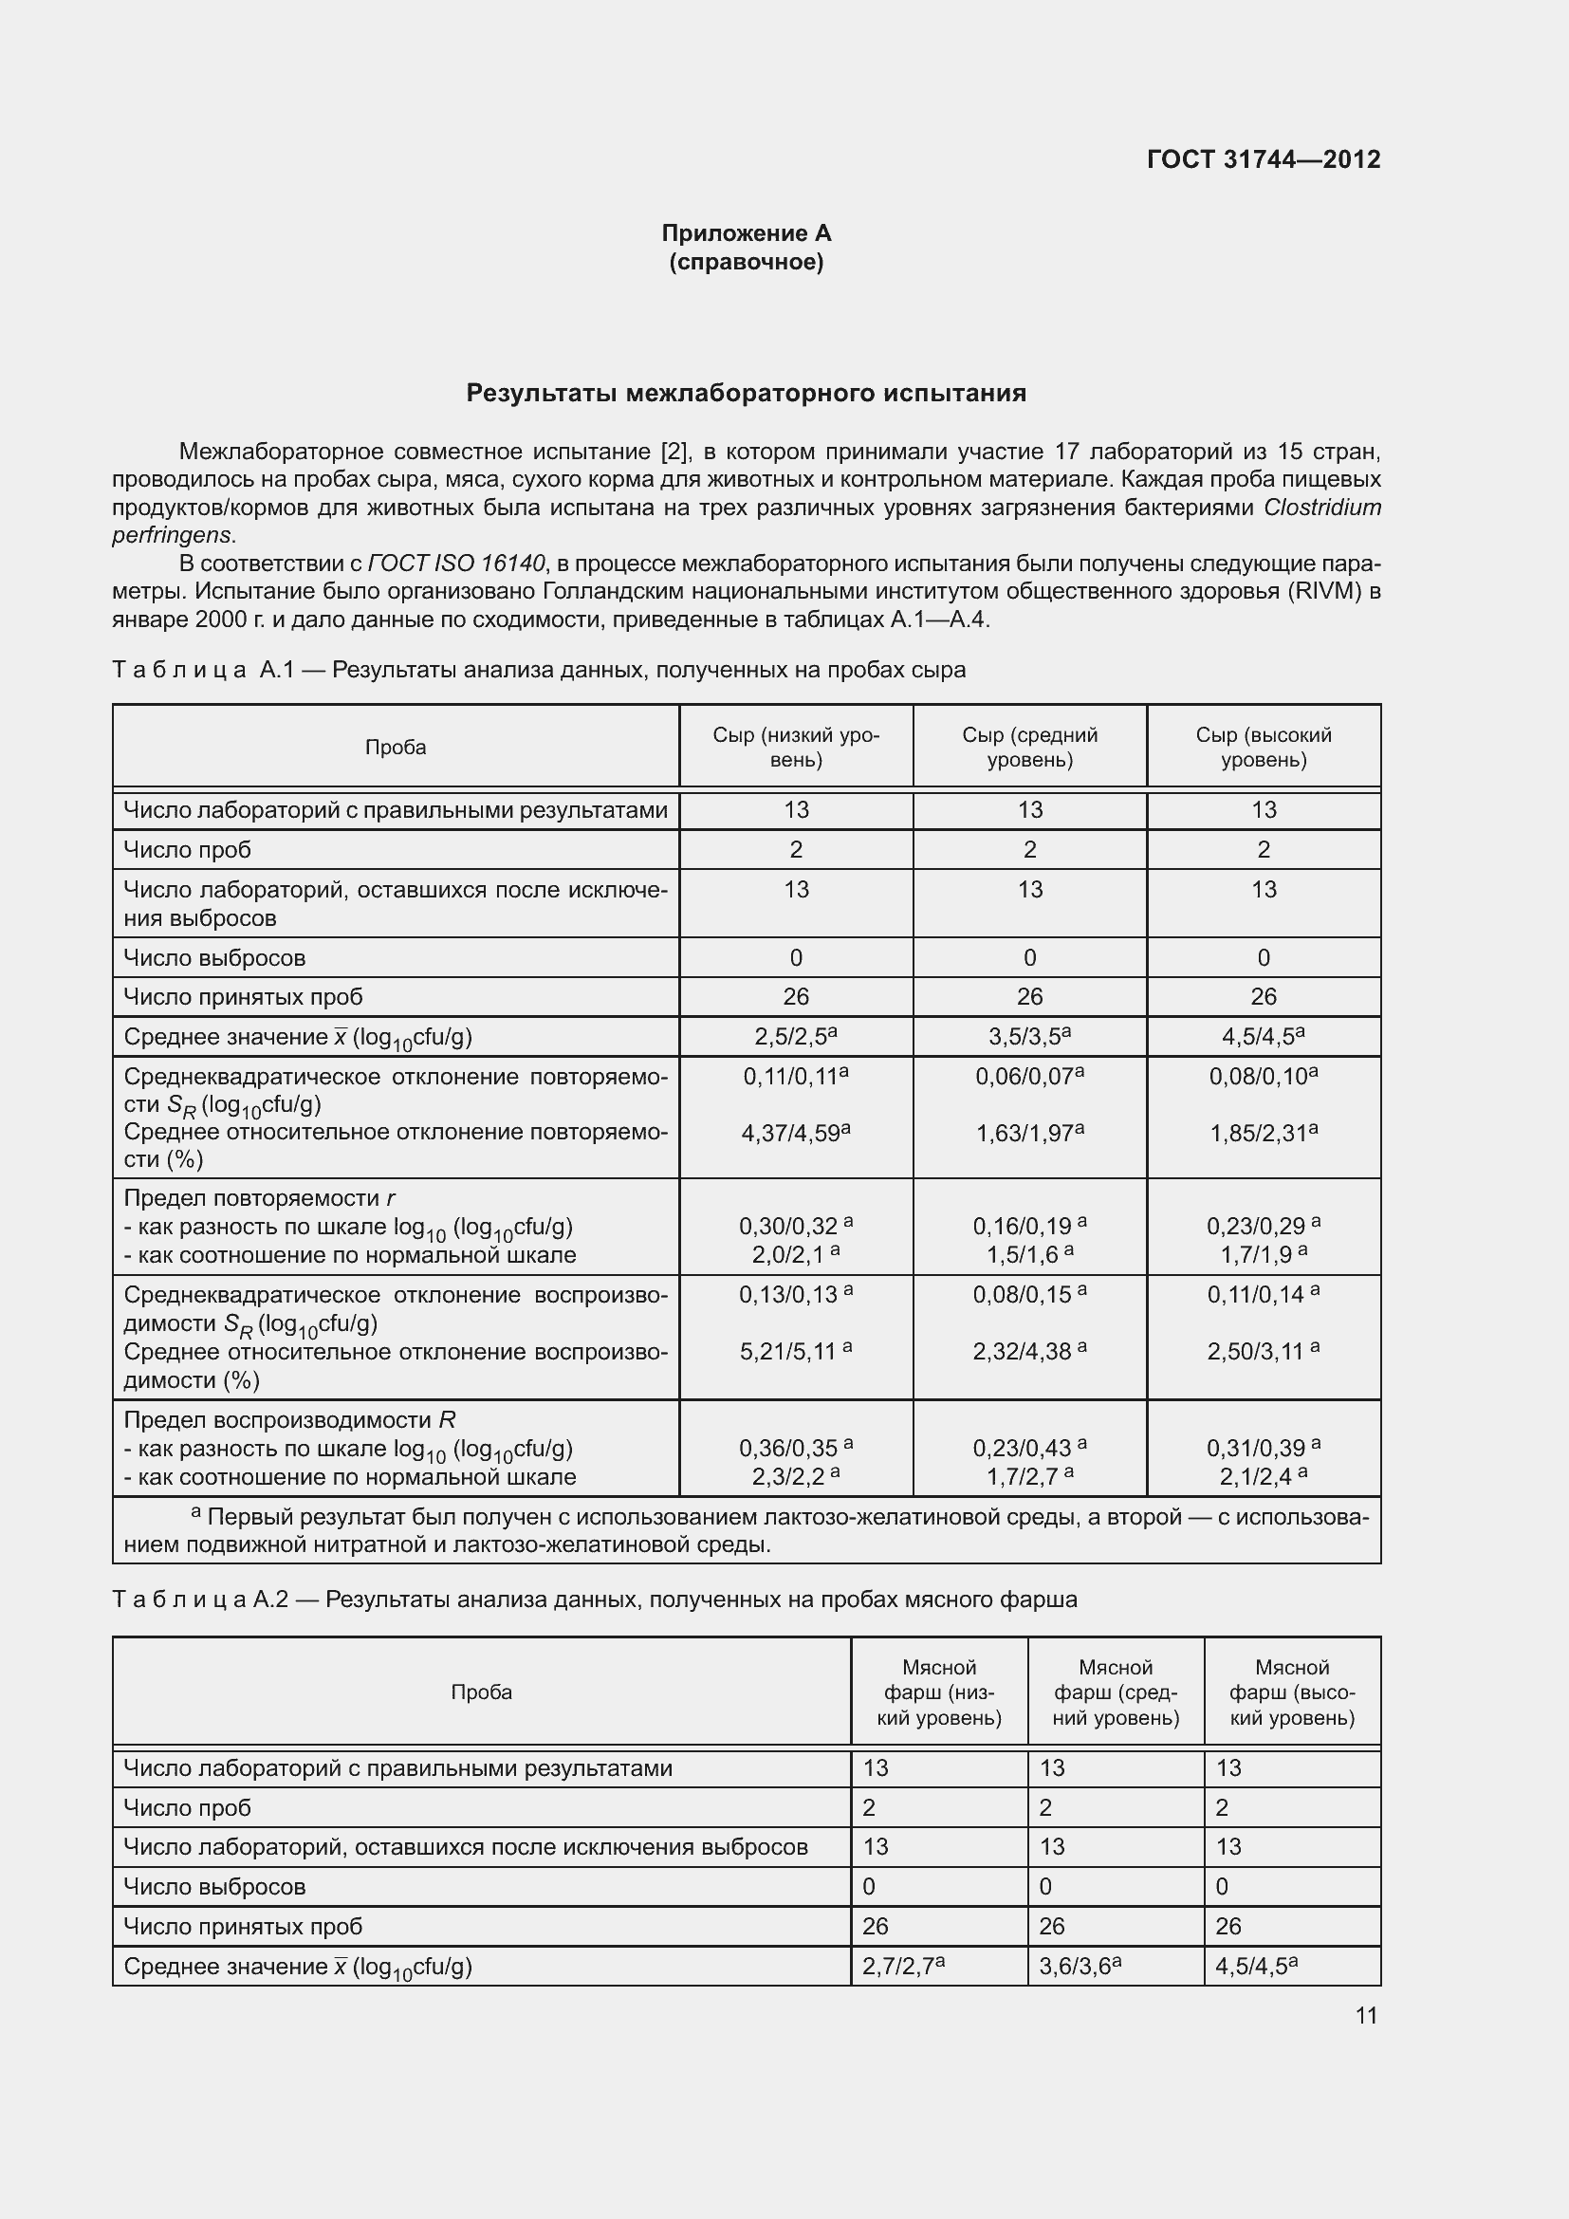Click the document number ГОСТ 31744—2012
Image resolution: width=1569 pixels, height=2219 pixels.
(x=1263, y=159)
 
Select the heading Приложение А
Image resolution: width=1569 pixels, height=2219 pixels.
(x=746, y=233)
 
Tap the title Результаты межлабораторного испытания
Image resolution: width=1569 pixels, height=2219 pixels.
(x=746, y=394)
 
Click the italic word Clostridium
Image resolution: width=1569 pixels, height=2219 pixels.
(x=1321, y=508)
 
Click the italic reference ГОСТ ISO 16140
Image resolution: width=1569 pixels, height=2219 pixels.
(x=456, y=564)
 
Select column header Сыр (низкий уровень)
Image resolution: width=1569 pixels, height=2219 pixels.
(x=796, y=747)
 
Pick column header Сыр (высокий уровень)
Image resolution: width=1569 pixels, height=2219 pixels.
(x=1263, y=747)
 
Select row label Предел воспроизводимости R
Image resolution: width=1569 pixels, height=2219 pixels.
(x=289, y=1420)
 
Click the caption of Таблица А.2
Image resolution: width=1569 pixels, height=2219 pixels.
(x=594, y=1600)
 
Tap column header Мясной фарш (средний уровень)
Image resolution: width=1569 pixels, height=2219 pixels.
(x=1115, y=1692)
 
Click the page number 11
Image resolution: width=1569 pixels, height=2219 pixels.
(x=1365, y=2015)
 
